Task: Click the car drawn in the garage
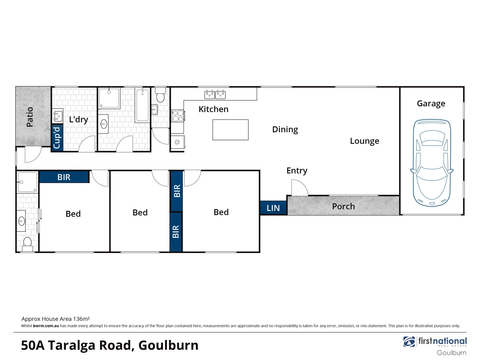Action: coord(432,163)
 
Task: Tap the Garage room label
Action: coord(431,104)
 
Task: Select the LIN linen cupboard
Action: coord(273,208)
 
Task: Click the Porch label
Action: coord(343,206)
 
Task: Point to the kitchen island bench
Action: coord(230,130)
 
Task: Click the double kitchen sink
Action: coord(215,94)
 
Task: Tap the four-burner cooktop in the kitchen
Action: coord(178,116)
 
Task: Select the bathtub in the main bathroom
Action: coord(142,105)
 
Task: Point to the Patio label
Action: coord(30,117)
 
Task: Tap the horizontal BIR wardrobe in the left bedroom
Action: coord(64,177)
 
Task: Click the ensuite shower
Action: coord(27,182)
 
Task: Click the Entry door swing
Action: coord(299,188)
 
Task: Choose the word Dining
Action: coord(285,129)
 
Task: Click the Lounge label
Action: coord(364,141)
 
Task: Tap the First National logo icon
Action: coord(409,342)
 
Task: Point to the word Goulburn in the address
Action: coord(168,345)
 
